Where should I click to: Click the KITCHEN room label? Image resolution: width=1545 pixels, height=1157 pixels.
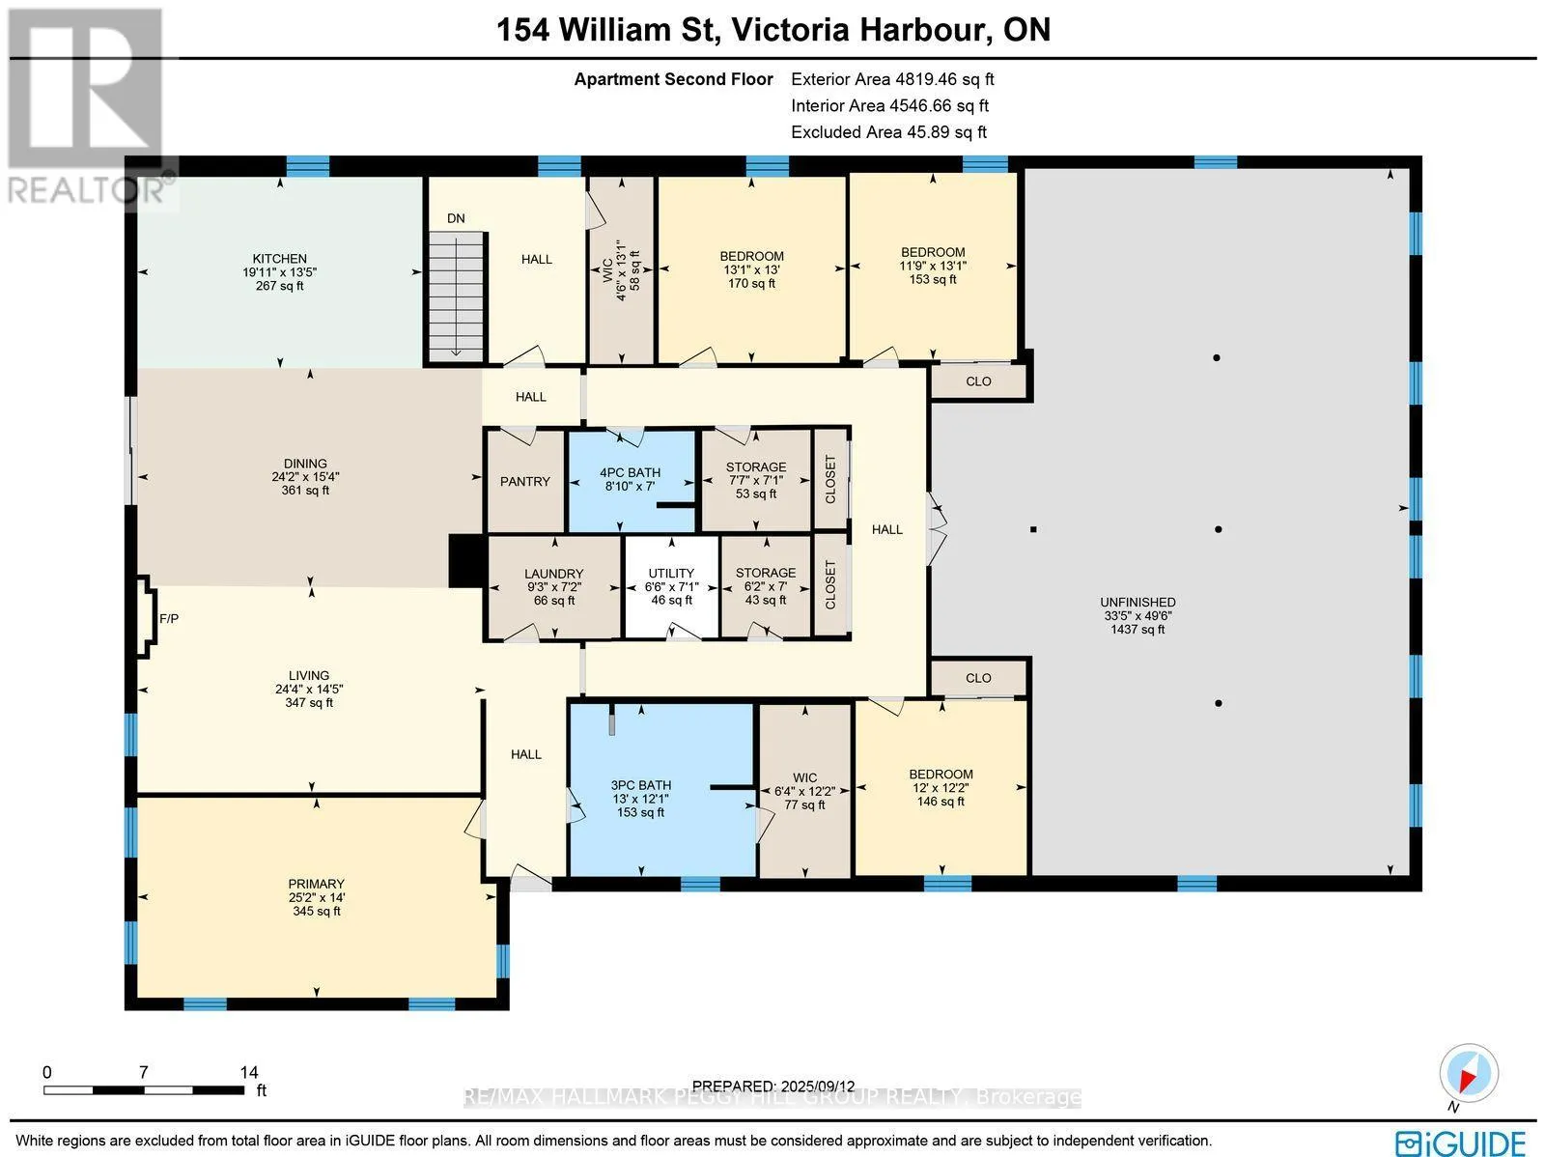coord(279,258)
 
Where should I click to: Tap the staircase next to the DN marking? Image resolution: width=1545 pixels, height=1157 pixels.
coord(457,296)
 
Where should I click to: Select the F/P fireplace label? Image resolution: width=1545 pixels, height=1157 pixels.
coord(169,619)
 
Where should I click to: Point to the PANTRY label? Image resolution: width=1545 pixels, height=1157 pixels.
coord(525,481)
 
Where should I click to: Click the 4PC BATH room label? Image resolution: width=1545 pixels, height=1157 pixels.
coord(630,473)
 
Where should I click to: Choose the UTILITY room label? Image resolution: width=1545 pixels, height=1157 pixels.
coord(671,574)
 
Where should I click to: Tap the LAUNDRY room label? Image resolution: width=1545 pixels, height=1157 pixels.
coord(554,574)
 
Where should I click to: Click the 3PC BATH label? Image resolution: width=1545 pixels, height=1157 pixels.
coord(640,785)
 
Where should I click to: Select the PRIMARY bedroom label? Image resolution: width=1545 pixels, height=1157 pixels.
coord(316,884)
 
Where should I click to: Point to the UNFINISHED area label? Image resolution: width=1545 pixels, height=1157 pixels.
coord(1138,603)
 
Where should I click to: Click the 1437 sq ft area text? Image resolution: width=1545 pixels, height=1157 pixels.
coord(1138,629)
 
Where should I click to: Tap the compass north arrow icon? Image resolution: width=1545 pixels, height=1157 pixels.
coord(1469,1074)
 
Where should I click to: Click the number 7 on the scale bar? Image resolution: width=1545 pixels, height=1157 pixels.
coord(144,1073)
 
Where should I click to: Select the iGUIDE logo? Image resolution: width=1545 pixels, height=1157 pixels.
coord(1461,1143)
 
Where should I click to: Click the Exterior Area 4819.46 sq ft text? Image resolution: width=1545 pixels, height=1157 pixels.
coord(892,79)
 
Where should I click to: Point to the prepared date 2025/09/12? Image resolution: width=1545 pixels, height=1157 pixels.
coord(815,1086)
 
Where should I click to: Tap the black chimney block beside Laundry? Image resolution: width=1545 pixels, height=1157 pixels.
coord(466,561)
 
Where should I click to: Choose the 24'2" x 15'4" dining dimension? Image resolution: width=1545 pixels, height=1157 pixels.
coord(305,476)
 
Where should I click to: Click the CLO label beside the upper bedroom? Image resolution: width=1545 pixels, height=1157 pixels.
coord(978,381)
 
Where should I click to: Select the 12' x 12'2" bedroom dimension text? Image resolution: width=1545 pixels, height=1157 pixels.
coord(941,788)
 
